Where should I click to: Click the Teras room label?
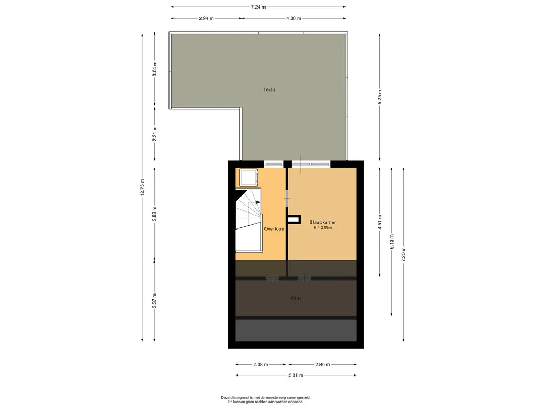click(x=269, y=89)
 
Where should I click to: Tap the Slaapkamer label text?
click(x=323, y=222)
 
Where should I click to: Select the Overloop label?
click(x=274, y=229)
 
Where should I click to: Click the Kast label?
click(x=296, y=298)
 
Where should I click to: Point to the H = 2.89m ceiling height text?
click(x=323, y=228)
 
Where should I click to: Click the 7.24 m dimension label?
click(x=259, y=7)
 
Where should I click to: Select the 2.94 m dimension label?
click(x=206, y=18)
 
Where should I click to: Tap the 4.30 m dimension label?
click(x=294, y=18)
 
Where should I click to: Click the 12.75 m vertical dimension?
click(x=142, y=187)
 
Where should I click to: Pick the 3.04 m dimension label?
click(x=155, y=69)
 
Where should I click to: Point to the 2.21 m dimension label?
click(x=155, y=134)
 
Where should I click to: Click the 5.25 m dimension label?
click(x=380, y=97)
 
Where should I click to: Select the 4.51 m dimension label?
click(x=380, y=222)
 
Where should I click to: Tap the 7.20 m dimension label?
click(x=403, y=255)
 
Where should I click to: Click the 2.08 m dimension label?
click(x=260, y=364)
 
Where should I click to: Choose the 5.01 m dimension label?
click(x=295, y=375)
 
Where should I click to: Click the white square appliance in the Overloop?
click(x=248, y=178)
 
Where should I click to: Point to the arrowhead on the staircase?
click(x=258, y=202)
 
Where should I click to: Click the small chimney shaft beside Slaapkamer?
click(x=294, y=219)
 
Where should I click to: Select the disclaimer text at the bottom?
click(x=266, y=399)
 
